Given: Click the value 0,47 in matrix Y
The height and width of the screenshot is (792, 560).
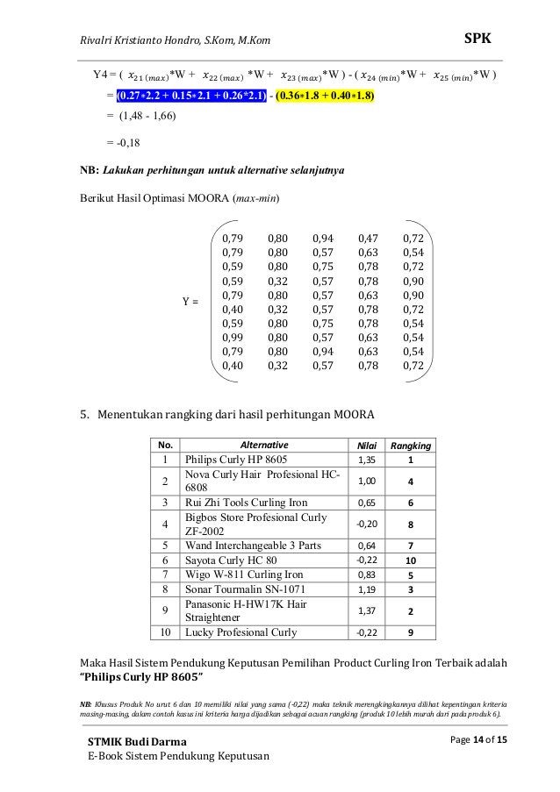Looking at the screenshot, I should (368, 238).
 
